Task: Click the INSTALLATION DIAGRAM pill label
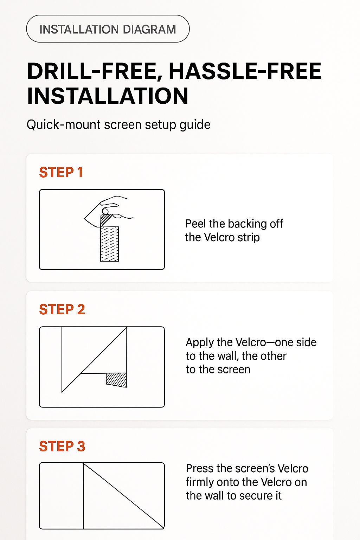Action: pyautogui.click(x=108, y=29)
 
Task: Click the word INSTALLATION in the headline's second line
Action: pyautogui.click(x=108, y=96)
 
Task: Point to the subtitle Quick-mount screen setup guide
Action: pyautogui.click(x=118, y=125)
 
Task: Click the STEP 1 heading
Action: pyautogui.click(x=61, y=173)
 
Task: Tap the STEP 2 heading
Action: pyautogui.click(x=62, y=310)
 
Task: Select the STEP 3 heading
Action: pyautogui.click(x=62, y=446)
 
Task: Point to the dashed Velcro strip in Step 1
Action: pyautogui.click(x=109, y=244)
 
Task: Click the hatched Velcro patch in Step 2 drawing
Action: pyautogui.click(x=117, y=380)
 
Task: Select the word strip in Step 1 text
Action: pyautogui.click(x=248, y=238)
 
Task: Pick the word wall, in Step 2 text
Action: pyautogui.click(x=228, y=356)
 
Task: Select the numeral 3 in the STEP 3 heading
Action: pyautogui.click(x=81, y=446)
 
